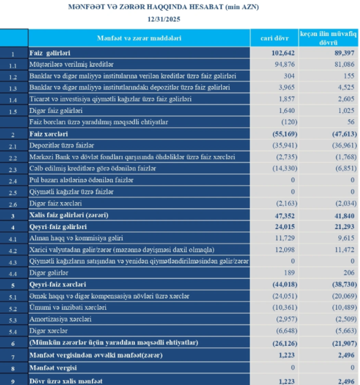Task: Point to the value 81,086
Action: pyautogui.click(x=340, y=65)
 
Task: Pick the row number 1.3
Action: pyautogui.click(x=13, y=89)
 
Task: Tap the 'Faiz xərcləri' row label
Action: pyautogui.click(x=49, y=134)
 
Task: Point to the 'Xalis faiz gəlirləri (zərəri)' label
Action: pyautogui.click(x=69, y=215)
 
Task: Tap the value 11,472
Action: pyautogui.click(x=341, y=249)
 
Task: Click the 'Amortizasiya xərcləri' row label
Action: pyautogui.click(x=61, y=319)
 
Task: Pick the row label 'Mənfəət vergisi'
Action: pyautogui.click(x=54, y=368)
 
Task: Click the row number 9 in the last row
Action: pyautogui.click(x=13, y=380)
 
